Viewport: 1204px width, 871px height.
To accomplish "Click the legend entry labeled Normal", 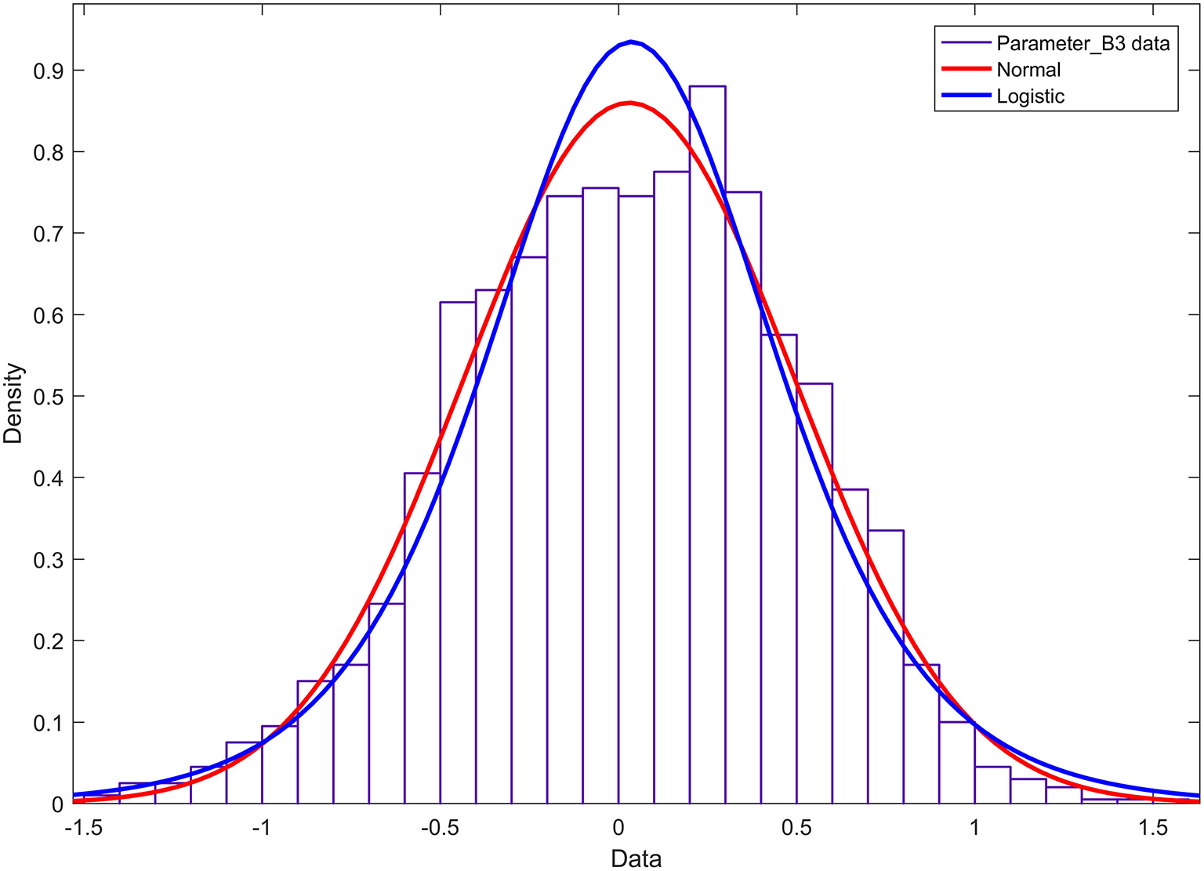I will tap(1028, 70).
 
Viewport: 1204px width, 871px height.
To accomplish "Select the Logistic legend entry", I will tap(1030, 96).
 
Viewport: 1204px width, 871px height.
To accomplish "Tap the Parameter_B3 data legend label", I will tap(1083, 43).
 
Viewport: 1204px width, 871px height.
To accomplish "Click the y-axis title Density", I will tap(13, 404).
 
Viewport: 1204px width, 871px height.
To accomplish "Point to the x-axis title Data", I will tap(636, 858).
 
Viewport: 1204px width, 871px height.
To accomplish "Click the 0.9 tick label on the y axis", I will tap(48, 71).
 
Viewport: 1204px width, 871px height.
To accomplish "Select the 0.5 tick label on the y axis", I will tap(48, 397).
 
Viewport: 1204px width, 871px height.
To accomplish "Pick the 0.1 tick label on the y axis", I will tap(48, 723).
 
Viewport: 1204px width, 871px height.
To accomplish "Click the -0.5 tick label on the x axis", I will tap(439, 829).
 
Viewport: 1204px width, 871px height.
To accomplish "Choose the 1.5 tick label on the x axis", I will tap(1153, 829).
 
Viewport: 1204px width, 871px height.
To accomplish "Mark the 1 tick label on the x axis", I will tap(974, 829).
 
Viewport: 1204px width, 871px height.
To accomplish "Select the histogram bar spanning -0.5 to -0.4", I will tap(458, 549).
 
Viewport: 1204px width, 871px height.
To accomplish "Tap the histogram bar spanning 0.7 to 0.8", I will tap(886, 666).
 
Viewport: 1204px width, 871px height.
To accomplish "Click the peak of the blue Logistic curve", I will tap(631, 42).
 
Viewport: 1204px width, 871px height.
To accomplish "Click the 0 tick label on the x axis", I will tap(618, 829).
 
